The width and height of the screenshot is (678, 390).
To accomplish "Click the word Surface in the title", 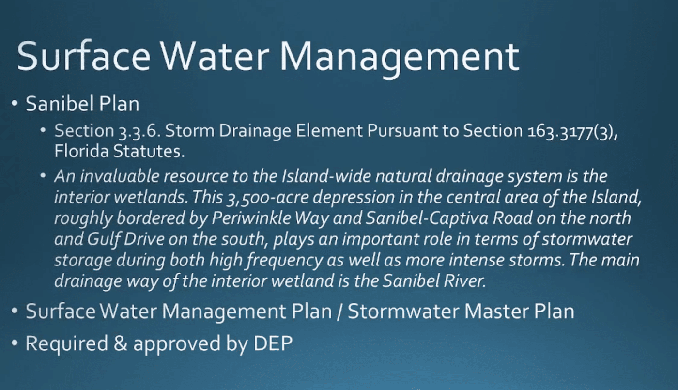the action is coord(83,57).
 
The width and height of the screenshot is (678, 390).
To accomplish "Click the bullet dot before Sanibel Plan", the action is coord(15,104).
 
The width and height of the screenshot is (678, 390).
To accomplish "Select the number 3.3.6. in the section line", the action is coord(139,131).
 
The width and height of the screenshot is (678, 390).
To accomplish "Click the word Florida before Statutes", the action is coord(81,151).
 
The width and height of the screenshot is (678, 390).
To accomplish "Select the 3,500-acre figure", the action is coord(267,198).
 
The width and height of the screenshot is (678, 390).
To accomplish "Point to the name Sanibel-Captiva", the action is coord(427,218).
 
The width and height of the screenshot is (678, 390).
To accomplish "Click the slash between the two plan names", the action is coord(339,311).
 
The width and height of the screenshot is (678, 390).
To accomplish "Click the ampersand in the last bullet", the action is coord(121,343).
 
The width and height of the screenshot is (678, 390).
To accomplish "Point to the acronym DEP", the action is coord(273,343).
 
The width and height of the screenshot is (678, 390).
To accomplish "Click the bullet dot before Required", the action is coord(15,343).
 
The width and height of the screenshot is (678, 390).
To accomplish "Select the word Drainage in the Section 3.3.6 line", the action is coord(255,131).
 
